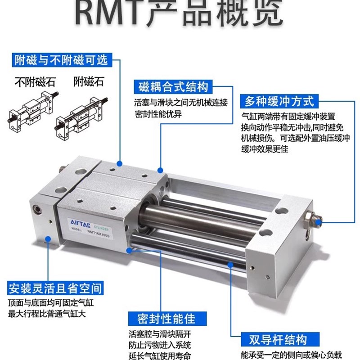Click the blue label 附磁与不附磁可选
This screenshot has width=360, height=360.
tap(61, 60)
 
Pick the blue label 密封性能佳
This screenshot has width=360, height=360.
tap(167, 319)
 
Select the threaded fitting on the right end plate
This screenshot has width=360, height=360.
tap(313, 219)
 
